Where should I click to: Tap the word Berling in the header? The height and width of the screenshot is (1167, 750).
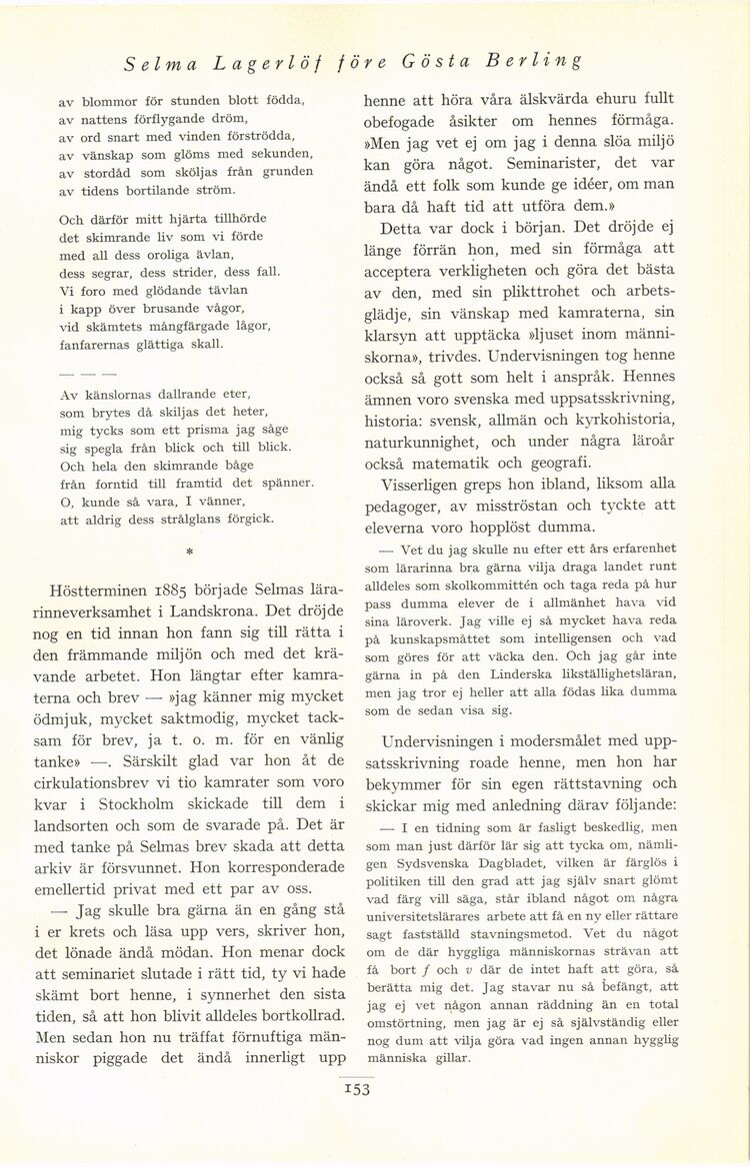[x=535, y=65]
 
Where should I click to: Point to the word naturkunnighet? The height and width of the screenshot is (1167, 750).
[x=422, y=437]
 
